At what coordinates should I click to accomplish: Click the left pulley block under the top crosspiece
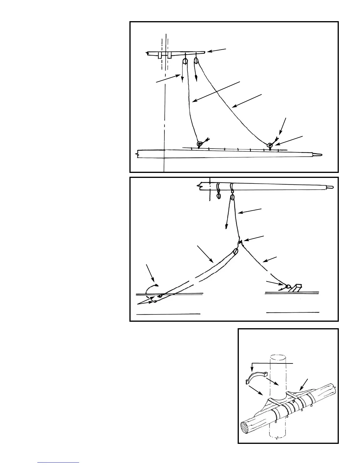(x=185, y=61)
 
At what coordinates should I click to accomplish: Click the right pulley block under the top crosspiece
(x=196, y=61)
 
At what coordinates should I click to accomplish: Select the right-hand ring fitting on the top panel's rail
(x=270, y=145)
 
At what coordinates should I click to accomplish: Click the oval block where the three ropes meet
(x=235, y=252)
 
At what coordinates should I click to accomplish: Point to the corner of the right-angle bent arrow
(x=252, y=363)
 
